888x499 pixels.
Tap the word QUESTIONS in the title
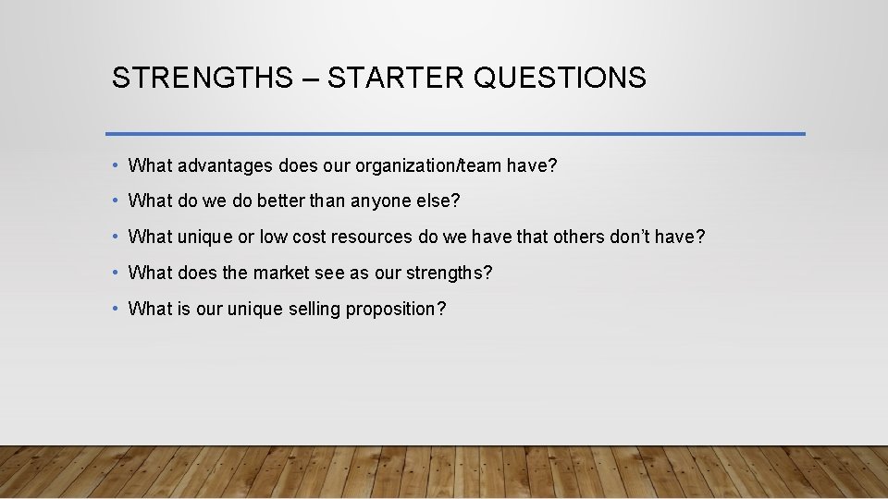pos(560,78)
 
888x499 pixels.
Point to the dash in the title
pos(310,79)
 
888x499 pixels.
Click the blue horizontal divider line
pos(455,134)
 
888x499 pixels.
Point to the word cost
pos(310,237)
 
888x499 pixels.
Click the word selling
pos(312,310)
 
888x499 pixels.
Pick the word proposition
pos(395,310)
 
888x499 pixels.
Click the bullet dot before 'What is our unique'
pos(114,309)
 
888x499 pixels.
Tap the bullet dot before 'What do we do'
pos(114,201)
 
